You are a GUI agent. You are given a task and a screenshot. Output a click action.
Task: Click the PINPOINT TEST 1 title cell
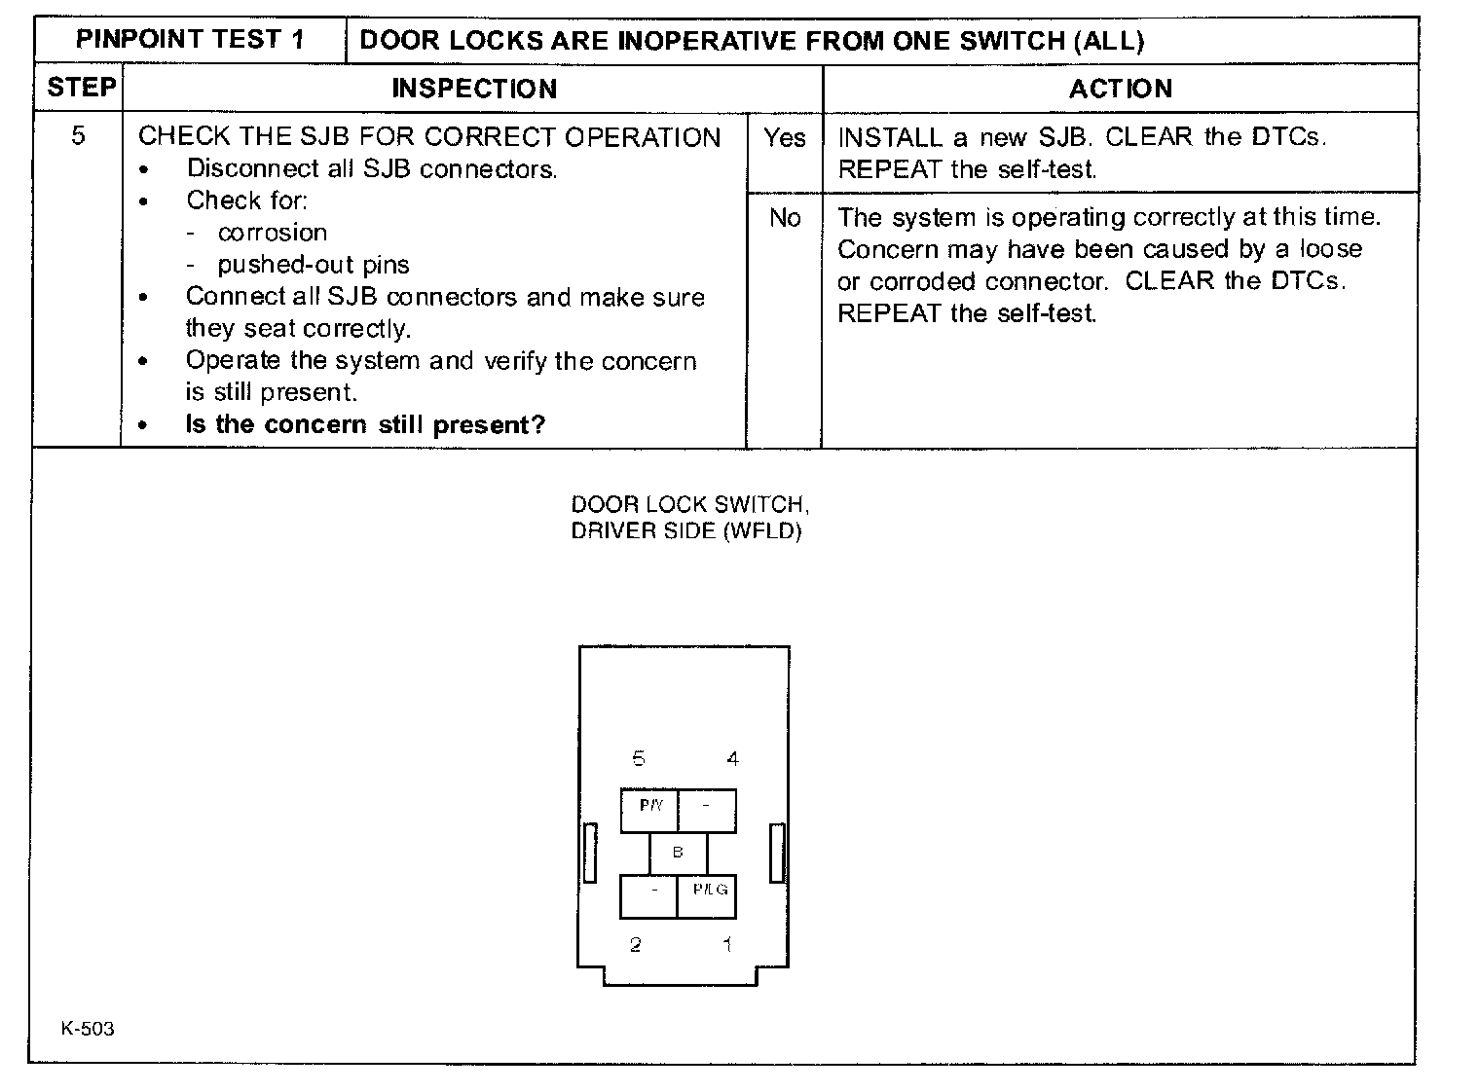point(190,40)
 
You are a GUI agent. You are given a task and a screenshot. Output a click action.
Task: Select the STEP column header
point(81,88)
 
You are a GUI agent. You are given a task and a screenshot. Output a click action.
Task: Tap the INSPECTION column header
point(474,89)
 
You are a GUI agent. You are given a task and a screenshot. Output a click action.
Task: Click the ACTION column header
point(1120,89)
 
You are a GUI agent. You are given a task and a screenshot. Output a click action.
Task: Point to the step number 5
point(78,135)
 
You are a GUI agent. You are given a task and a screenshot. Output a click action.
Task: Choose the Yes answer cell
point(784,138)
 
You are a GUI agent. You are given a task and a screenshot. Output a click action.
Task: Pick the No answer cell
point(784,218)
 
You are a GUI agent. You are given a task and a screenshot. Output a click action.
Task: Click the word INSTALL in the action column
point(890,137)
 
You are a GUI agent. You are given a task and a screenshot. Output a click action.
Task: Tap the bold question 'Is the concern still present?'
point(365,424)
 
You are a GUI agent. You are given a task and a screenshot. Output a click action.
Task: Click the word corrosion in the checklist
point(273,233)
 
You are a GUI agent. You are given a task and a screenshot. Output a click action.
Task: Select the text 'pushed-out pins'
point(314,265)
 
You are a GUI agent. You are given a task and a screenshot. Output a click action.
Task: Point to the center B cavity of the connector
point(678,853)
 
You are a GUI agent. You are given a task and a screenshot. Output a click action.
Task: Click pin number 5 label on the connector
point(639,759)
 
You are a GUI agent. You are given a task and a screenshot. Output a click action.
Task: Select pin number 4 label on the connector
point(732,759)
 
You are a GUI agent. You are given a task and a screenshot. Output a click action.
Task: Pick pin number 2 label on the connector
point(636,944)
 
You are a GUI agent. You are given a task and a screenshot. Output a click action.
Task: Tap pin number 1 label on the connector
point(726,944)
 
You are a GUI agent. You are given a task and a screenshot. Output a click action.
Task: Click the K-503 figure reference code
point(88,1029)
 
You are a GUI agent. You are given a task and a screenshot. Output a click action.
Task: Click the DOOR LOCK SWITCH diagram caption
point(688,518)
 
